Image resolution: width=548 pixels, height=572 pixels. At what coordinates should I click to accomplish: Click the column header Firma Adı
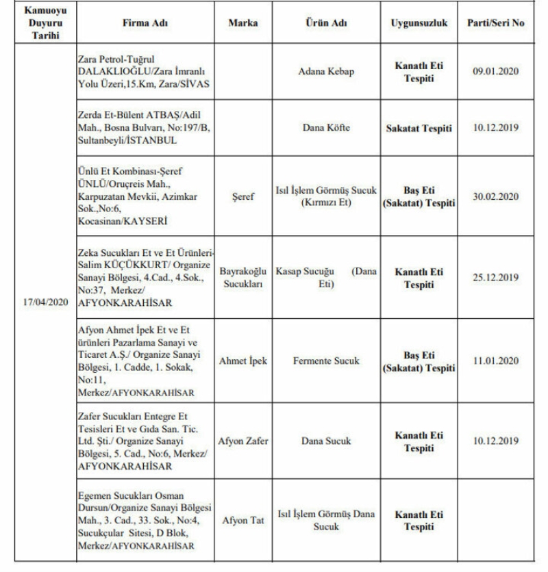145,23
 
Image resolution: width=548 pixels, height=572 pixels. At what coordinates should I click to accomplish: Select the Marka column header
243,23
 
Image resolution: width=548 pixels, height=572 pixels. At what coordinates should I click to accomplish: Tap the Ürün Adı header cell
326,23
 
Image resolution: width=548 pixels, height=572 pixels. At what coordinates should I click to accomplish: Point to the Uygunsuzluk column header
419,23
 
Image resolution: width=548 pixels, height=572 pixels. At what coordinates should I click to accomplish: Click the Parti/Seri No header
496,23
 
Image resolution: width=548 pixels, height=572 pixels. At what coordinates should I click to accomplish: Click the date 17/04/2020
41,302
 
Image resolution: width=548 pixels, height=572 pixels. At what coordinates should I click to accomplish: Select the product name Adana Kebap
327,71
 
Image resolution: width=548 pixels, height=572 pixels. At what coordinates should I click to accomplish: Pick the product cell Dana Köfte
326,127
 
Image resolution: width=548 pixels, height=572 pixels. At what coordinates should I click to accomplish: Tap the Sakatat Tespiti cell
419,127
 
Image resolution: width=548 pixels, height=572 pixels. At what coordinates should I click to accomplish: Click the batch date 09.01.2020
496,71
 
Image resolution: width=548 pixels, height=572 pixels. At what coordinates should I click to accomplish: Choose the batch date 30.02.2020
496,196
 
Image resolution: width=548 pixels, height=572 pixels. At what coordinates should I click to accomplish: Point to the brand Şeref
243,196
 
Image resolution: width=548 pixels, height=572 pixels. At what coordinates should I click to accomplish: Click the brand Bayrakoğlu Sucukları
243,278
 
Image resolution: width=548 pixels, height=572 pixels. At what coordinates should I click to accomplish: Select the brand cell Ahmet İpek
243,361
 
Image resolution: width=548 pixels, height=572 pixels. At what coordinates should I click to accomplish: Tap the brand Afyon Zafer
243,441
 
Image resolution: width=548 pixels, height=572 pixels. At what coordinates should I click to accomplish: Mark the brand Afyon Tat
243,520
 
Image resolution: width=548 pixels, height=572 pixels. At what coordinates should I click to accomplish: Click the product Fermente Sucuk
326,361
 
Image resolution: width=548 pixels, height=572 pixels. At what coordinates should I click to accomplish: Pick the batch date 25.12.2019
496,278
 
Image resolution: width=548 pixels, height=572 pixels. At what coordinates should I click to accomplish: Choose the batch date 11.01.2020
496,361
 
